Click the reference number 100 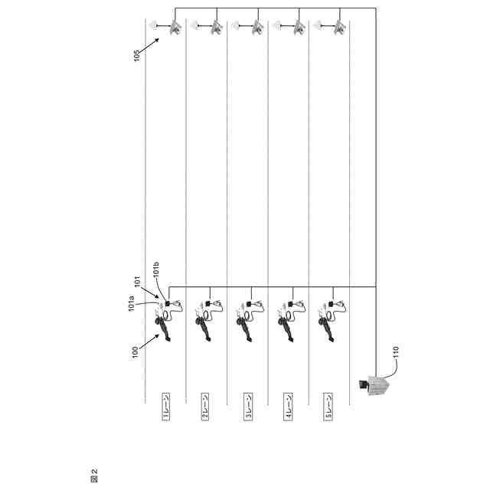[x=135, y=353]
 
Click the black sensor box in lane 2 [x=207, y=303]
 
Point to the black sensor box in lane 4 [x=290, y=303]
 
